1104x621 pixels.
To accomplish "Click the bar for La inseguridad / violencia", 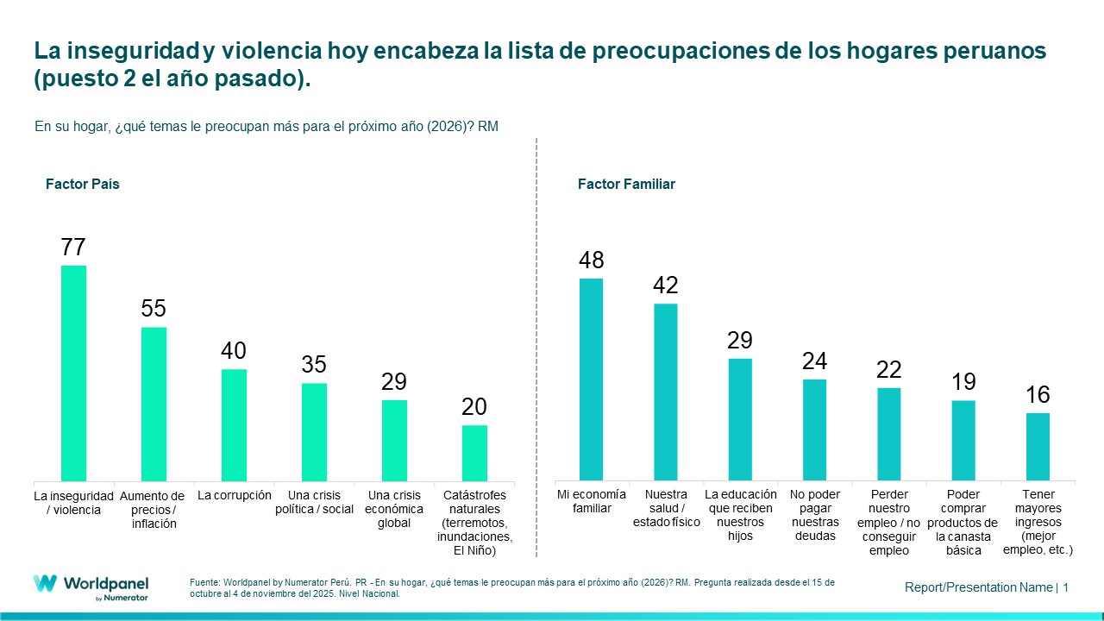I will coord(73,373).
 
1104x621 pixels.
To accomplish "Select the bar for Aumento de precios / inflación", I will coord(154,404).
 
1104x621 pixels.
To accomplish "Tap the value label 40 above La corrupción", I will coord(234,351).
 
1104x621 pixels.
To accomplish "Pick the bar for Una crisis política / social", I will coord(314,431).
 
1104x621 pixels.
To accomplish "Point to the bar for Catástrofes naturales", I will coord(474,453).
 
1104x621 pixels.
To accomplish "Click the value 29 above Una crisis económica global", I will coord(394,382).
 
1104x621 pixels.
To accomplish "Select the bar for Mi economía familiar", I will coord(591,379).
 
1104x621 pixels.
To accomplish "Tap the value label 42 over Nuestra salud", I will coord(666,285).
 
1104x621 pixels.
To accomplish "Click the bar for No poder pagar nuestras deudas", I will coord(814,430).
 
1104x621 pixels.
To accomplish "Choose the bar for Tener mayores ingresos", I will coord(1038,446).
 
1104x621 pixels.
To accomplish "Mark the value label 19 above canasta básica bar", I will coord(963,382).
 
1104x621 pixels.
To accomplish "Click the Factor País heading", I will coord(83,185).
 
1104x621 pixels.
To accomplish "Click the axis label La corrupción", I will coord(234,495).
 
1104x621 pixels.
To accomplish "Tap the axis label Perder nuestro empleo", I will coord(888,522).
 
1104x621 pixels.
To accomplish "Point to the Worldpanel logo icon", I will coord(46,583).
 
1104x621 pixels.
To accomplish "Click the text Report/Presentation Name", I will coord(978,587).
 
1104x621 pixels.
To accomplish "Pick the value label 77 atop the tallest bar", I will coord(73,248).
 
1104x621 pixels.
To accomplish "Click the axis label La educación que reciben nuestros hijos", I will coord(740,515).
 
